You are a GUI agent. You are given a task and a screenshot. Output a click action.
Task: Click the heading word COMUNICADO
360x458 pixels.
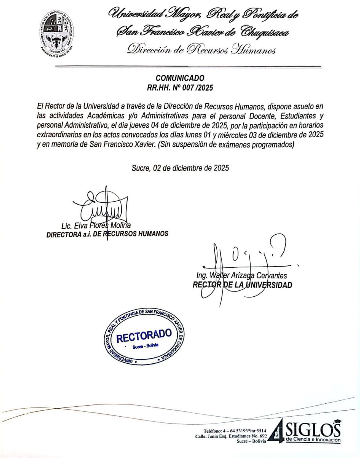click(x=180, y=78)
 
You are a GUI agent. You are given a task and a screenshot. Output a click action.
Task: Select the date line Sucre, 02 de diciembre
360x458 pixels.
click(x=180, y=168)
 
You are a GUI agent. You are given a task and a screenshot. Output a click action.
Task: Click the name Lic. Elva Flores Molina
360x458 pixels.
click(x=96, y=226)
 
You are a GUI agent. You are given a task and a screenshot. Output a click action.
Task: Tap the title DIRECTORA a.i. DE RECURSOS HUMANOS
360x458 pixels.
click(x=107, y=234)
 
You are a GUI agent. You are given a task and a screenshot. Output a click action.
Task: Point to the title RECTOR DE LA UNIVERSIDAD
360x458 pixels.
click(x=242, y=285)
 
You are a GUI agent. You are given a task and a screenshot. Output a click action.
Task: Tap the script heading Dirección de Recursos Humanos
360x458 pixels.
click(x=201, y=50)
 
